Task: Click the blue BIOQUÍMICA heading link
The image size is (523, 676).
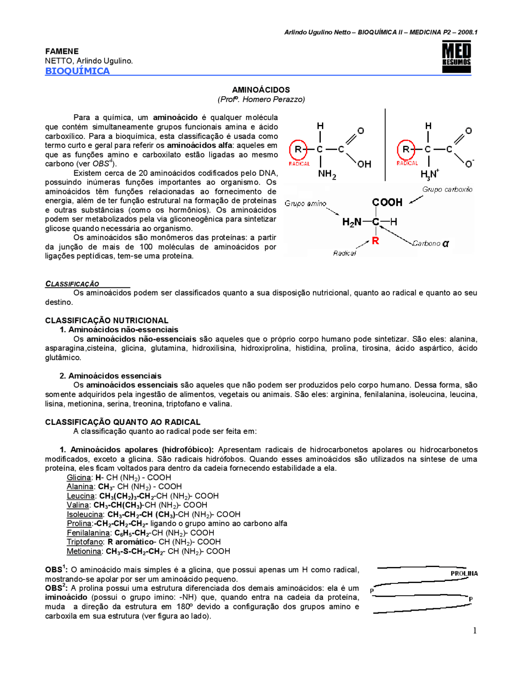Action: [x=77, y=71]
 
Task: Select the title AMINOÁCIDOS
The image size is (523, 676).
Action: [x=261, y=90]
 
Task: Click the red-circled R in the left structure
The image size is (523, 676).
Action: [x=298, y=149]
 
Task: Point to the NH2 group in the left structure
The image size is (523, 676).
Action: [x=326, y=174]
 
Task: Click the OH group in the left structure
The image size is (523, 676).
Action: [x=364, y=164]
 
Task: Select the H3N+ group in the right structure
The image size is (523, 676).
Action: [x=429, y=174]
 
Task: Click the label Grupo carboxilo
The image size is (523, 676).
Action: [x=447, y=189]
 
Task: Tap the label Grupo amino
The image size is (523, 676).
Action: [x=305, y=203]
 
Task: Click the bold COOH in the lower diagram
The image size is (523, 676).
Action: [x=387, y=202]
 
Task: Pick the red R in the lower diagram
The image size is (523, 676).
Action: [x=375, y=241]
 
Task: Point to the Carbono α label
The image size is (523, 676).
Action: [x=431, y=244]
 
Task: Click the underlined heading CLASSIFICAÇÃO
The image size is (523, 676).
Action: [x=72, y=284]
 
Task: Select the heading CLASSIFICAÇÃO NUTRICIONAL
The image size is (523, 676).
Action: [x=107, y=320]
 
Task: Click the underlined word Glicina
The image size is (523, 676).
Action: [x=79, y=478]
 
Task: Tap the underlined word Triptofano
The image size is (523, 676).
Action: [x=85, y=542]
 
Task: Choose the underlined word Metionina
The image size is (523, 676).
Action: [x=84, y=551]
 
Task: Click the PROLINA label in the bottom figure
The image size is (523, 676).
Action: [x=464, y=574]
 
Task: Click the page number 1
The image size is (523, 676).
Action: [x=475, y=631]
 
